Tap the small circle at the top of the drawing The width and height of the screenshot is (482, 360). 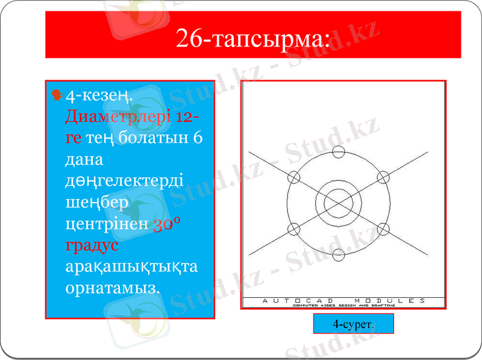pos(339,151)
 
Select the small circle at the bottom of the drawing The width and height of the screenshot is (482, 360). pos(339,255)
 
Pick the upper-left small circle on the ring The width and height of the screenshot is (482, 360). pos(294,177)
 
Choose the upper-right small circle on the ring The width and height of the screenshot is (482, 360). pos(383,177)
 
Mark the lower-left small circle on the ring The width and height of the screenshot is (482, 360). pos(294,229)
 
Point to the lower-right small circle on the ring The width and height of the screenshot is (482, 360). pos(383,229)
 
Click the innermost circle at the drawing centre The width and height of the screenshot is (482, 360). pos(339,203)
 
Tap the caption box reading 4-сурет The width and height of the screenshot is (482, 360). pos(354,324)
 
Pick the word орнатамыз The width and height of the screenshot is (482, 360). pos(112,288)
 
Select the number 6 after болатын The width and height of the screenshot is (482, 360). pos(198,137)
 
